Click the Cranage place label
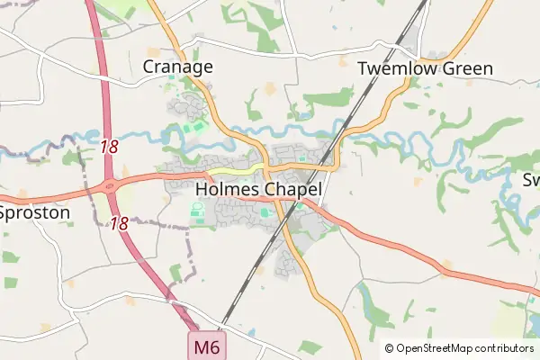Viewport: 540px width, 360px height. pyautogui.click(x=178, y=67)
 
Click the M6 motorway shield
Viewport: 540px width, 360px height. pyautogui.click(x=205, y=346)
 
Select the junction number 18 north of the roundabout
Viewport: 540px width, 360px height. pyautogui.click(x=110, y=145)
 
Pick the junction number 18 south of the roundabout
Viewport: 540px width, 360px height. pyautogui.click(x=119, y=222)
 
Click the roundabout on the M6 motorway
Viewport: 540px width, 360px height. pyautogui.click(x=112, y=186)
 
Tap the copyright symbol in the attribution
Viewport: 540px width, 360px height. pyautogui.click(x=390, y=347)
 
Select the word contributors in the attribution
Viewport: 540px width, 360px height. pyautogui.click(x=505, y=347)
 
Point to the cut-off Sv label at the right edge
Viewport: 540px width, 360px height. pyautogui.click(x=531, y=180)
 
